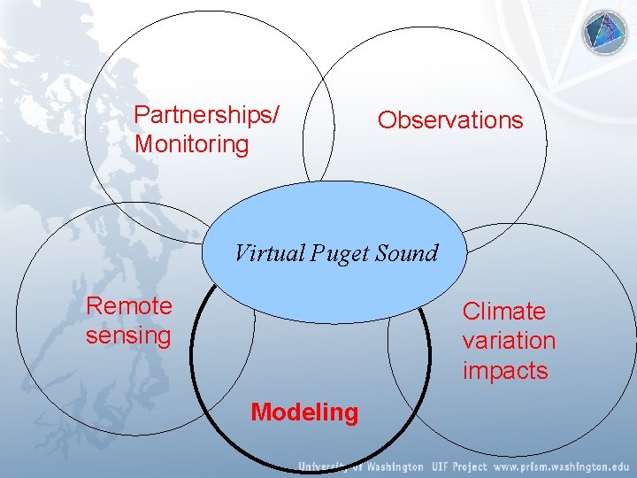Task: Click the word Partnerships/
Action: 207,115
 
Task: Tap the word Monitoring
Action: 192,144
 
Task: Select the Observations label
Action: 450,120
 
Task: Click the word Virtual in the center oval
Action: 269,254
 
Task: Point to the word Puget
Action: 341,255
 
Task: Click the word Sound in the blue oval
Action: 406,254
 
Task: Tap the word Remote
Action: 129,306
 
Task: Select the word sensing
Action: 128,335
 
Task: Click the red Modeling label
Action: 304,412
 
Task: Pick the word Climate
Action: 504,312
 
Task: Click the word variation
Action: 509,341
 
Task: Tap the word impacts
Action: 505,370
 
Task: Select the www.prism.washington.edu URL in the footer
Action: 560,466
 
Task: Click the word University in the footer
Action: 326,466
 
